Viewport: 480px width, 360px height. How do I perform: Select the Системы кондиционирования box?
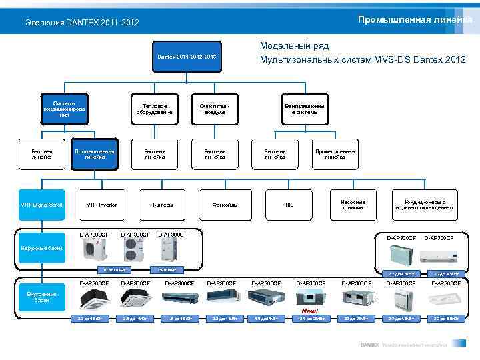64,109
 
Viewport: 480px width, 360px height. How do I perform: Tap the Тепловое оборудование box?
155,109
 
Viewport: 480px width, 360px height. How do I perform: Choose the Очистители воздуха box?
214,109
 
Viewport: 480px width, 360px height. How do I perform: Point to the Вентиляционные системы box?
305,109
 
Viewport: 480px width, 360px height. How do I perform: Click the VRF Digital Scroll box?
41,204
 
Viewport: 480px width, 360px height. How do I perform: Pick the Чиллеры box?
161,204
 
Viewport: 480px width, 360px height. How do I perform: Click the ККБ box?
289,204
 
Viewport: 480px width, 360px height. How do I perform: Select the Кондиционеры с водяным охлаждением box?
425,204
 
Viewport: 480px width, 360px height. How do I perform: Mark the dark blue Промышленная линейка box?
94,154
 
